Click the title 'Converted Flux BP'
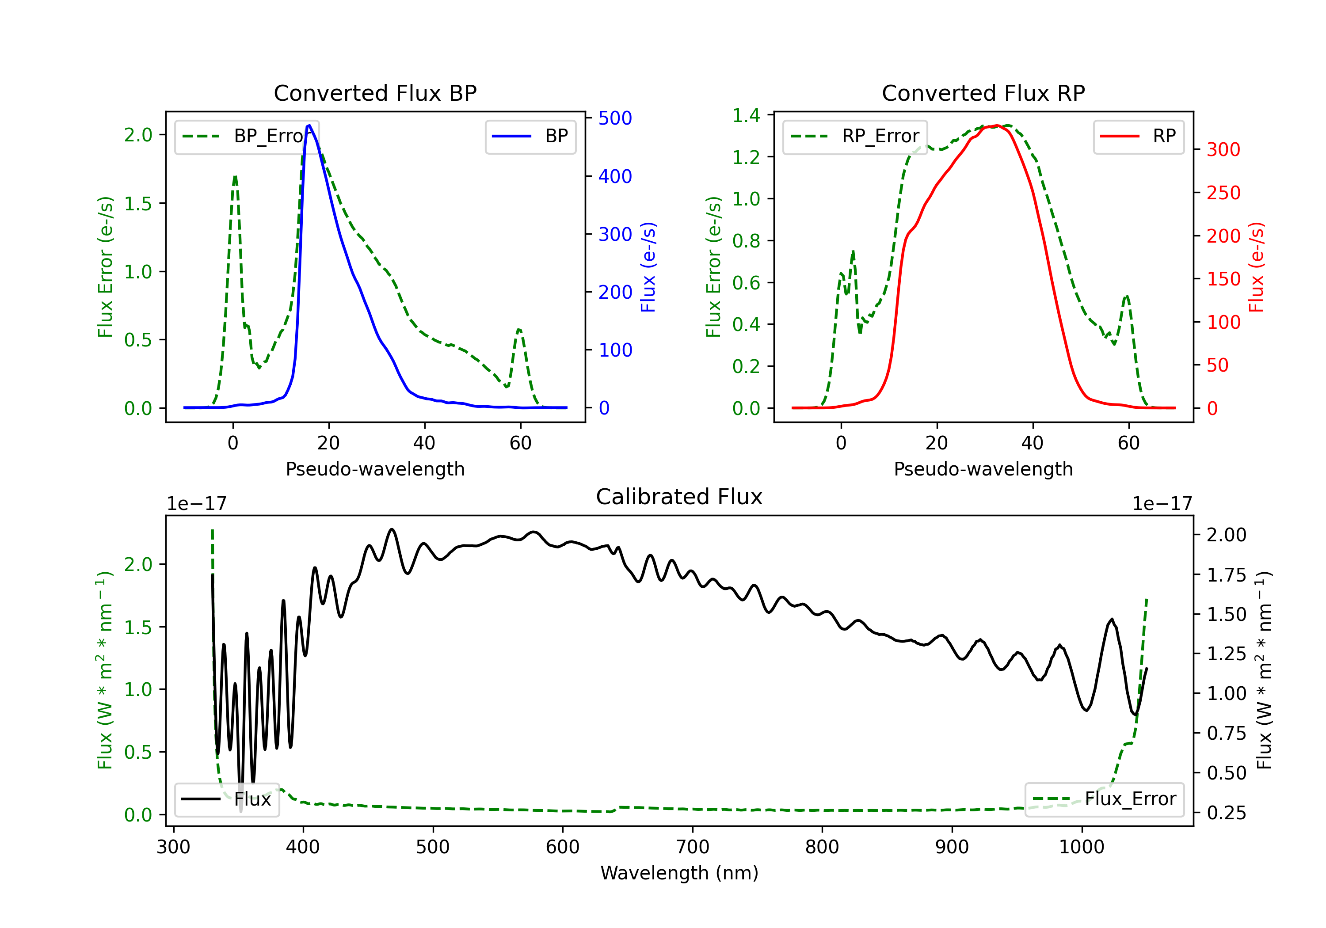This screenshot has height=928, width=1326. pyautogui.click(x=375, y=93)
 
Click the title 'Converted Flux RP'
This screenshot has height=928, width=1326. pyautogui.click(x=983, y=93)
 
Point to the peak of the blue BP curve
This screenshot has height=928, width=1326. pyautogui.click(x=309, y=126)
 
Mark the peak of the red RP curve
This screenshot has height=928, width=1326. pyautogui.click(x=997, y=126)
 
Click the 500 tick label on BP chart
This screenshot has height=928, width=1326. pyautogui.click(x=615, y=118)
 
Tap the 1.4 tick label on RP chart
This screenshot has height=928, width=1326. pyautogui.click(x=746, y=115)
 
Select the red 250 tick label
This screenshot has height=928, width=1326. pyautogui.click(x=1223, y=193)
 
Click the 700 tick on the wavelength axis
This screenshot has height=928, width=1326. pyautogui.click(x=693, y=847)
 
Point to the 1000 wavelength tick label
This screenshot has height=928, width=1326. pyautogui.click(x=1081, y=847)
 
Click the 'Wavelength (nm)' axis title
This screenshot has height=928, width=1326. pyautogui.click(x=679, y=873)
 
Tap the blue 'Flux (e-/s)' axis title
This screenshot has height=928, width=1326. pyautogui.click(x=648, y=267)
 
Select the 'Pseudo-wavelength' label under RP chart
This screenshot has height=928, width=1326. pyautogui.click(x=983, y=469)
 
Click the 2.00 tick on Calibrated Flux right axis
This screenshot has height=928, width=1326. pyautogui.click(x=1226, y=535)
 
